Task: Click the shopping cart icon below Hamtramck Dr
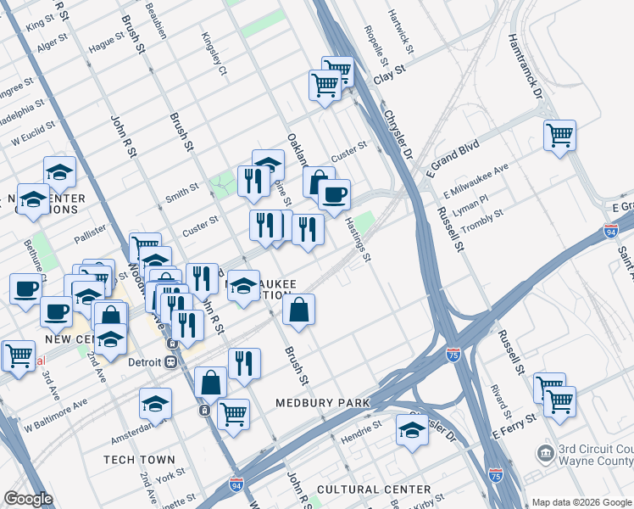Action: coord(559,135)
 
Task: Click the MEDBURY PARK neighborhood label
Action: coord(323,402)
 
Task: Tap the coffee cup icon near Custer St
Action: coord(334,194)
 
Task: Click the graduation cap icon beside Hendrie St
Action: coord(412,430)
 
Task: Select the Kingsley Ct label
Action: coord(214,53)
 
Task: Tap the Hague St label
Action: coord(106,43)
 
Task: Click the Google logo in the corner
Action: coord(28,500)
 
